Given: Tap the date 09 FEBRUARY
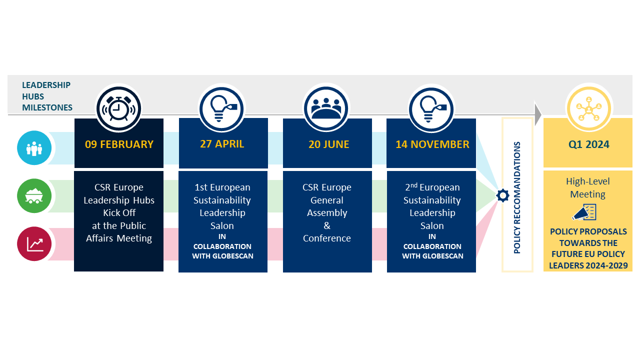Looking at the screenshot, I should point(119,144).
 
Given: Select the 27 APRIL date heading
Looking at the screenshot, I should point(222,144).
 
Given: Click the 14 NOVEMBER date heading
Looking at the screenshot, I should point(432,144).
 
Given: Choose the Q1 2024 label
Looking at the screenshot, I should point(588,144).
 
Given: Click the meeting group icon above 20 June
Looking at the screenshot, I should point(326,108).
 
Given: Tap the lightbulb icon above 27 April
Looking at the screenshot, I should point(222,108).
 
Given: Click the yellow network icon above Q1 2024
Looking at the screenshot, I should point(589,108).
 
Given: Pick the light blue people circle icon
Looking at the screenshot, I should point(34,148).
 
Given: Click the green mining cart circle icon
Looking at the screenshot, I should point(34,195).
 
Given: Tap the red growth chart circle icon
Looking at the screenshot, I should point(34,243).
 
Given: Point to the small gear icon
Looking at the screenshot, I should point(502,195).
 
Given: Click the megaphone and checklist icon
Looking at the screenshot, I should point(584,212).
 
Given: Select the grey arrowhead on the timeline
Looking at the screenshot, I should point(537,114).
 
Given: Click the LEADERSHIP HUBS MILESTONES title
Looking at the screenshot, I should point(47,96).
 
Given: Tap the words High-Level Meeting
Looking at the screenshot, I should point(588,188).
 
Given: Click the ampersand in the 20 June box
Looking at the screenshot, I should point(327,225).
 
